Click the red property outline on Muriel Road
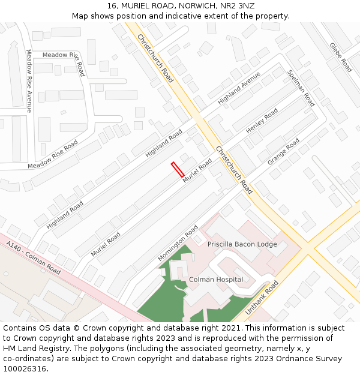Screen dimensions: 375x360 (178, 169)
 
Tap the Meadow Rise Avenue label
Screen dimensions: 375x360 (29, 80)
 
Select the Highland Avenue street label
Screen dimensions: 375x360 (239, 88)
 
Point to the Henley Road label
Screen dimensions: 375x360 (262, 121)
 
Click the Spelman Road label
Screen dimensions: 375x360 (301, 88)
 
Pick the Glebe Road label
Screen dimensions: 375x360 (340, 57)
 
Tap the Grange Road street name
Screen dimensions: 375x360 (283, 152)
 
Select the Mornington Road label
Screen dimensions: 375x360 (178, 243)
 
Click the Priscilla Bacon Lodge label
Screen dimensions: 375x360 (242, 244)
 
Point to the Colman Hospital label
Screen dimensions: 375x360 (216, 280)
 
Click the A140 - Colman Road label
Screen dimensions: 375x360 (34, 259)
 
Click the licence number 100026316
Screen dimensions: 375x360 (25, 369)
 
